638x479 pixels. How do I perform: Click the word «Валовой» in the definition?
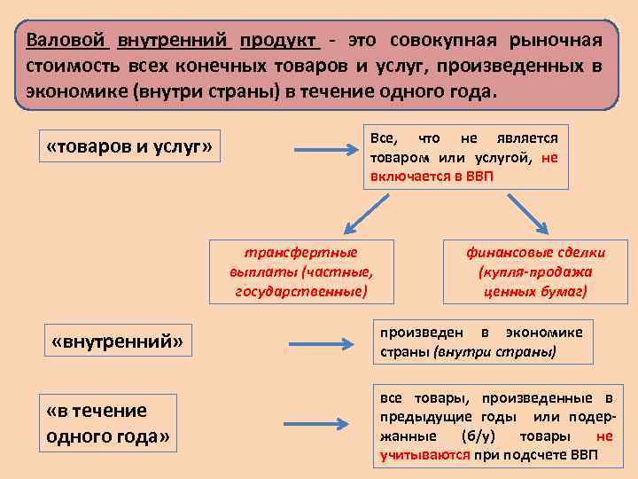point(66,41)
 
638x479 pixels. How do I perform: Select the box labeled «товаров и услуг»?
point(128,146)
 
